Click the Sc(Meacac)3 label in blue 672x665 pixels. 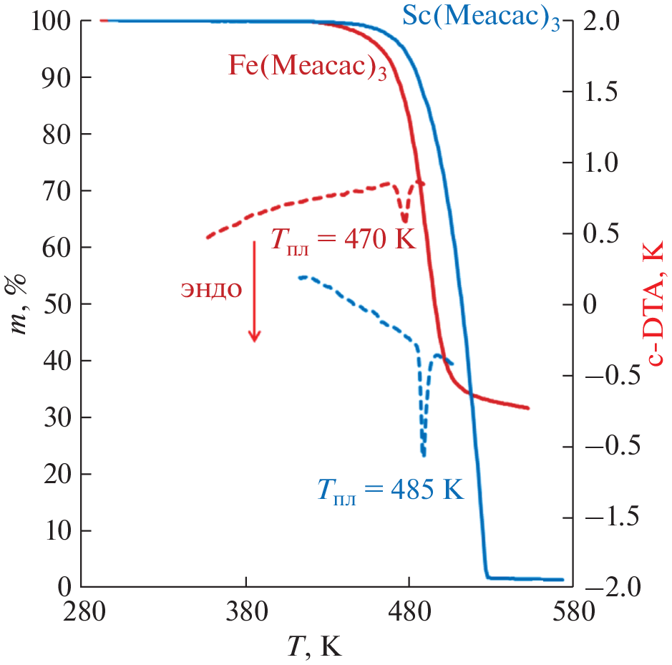click(x=481, y=18)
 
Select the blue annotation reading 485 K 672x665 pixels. click(x=390, y=491)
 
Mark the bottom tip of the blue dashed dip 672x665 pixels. click(x=424, y=455)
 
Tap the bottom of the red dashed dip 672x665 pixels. click(x=404, y=222)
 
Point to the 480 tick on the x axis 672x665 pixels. click(x=408, y=613)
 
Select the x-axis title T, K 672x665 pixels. click(x=315, y=646)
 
